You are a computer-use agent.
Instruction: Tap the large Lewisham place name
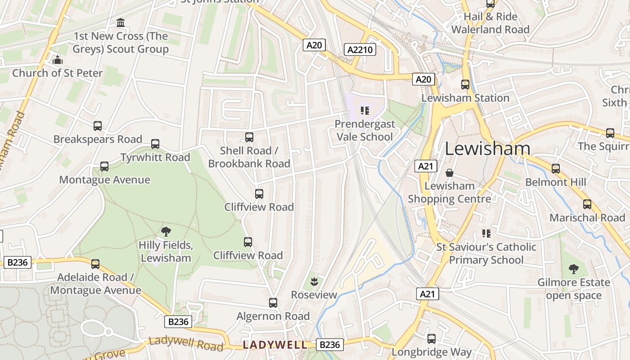pos(487,149)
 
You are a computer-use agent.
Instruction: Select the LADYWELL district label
pos(275,345)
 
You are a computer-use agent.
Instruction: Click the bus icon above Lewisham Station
pos(465,84)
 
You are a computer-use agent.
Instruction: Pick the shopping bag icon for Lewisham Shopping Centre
pos(449,173)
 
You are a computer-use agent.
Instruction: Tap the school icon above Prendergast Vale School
pos(364,110)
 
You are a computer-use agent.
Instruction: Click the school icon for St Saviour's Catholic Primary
pos(486,233)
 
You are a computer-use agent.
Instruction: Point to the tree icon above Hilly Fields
pos(166,232)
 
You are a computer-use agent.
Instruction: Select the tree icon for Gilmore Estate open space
pos(573,269)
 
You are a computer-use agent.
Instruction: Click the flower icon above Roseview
pos(314,282)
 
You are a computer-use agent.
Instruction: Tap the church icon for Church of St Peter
pos(57,60)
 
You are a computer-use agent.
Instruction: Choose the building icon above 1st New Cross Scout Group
pos(121,22)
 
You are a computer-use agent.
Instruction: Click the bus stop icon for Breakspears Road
pos(98,126)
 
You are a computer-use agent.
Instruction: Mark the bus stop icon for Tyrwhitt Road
pos(155,144)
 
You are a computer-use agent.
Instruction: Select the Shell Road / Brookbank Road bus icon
pos(249,137)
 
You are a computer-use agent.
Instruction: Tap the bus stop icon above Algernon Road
pos(273,303)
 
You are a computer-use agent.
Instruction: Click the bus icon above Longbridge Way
pos(432,338)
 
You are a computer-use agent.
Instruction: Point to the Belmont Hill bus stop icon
pos(556,169)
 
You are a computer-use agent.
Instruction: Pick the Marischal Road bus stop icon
pos(587,204)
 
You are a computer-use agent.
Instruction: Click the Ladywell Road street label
pos(186,343)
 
